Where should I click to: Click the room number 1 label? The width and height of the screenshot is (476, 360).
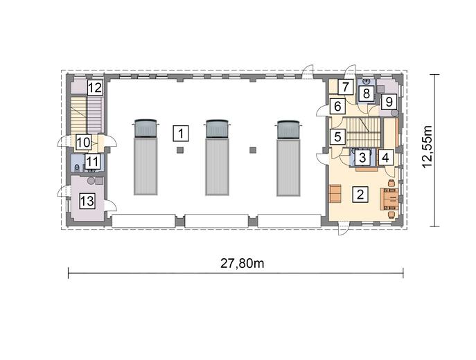tap(181, 134)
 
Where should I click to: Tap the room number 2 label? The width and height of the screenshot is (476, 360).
tap(360, 195)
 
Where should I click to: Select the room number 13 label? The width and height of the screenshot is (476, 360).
tap(87, 201)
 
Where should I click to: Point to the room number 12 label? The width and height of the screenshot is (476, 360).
tap(95, 88)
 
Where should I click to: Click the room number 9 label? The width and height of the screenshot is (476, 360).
tap(389, 102)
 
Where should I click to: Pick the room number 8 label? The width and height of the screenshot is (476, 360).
tap(367, 93)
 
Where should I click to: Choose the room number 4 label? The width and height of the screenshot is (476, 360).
tap(385, 158)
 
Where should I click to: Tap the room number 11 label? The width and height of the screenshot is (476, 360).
tap(92, 161)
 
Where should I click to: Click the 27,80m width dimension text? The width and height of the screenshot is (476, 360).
tap(242, 263)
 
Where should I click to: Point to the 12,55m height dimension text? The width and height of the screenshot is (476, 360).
tap(427, 146)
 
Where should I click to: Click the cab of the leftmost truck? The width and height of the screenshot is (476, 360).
tap(145, 128)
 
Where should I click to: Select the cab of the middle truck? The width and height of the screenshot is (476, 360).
tap(217, 128)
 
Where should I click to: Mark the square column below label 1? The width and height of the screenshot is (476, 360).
tap(180, 150)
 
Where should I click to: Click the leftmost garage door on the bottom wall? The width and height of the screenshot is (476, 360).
tap(143, 221)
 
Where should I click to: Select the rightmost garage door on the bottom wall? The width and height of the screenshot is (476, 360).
tap(290, 221)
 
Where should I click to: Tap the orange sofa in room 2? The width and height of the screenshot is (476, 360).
tap(335, 193)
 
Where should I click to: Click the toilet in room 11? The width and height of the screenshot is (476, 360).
tap(77, 168)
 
